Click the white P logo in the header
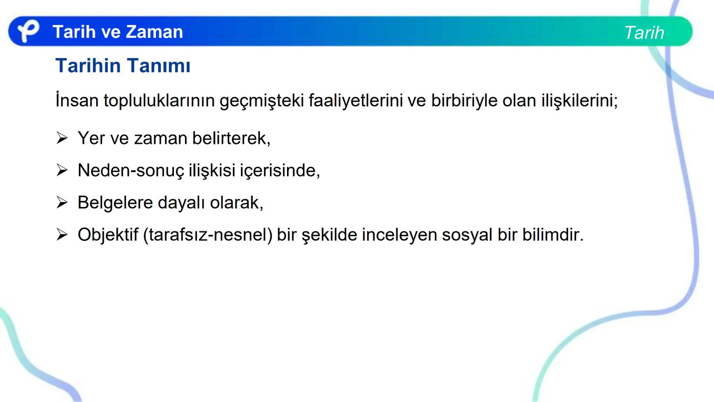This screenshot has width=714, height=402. tap(28, 31)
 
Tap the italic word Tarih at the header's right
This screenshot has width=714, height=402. tap(644, 33)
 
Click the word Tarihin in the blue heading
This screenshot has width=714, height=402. tap(88, 66)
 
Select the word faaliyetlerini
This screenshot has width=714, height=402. tap(356, 100)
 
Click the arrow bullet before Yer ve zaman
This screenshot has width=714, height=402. tap(62, 138)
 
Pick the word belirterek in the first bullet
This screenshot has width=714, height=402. tap(231, 138)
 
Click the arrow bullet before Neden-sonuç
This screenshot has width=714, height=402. tap(62, 170)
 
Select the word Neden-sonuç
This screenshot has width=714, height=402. tap(131, 170)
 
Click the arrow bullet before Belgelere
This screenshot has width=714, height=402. tap(62, 202)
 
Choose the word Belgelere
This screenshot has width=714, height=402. tap(115, 203)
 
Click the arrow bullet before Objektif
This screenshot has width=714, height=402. tap(62, 235)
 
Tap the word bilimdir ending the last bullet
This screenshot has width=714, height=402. tap(552, 235)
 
